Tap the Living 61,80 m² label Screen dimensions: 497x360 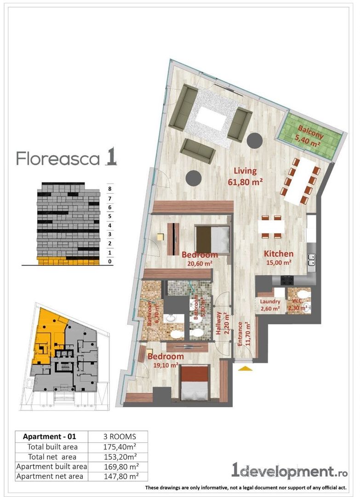pos(245,176)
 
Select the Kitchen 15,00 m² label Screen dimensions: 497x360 pos(278,258)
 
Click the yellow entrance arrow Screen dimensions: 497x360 pos(244,368)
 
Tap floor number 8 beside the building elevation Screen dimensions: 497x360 pos(109,188)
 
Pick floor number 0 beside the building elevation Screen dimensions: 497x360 pos(109,261)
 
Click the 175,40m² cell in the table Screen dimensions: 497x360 pos(118,447)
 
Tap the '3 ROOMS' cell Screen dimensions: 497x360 pos(118,436)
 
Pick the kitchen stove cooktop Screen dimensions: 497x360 pos(288,279)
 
